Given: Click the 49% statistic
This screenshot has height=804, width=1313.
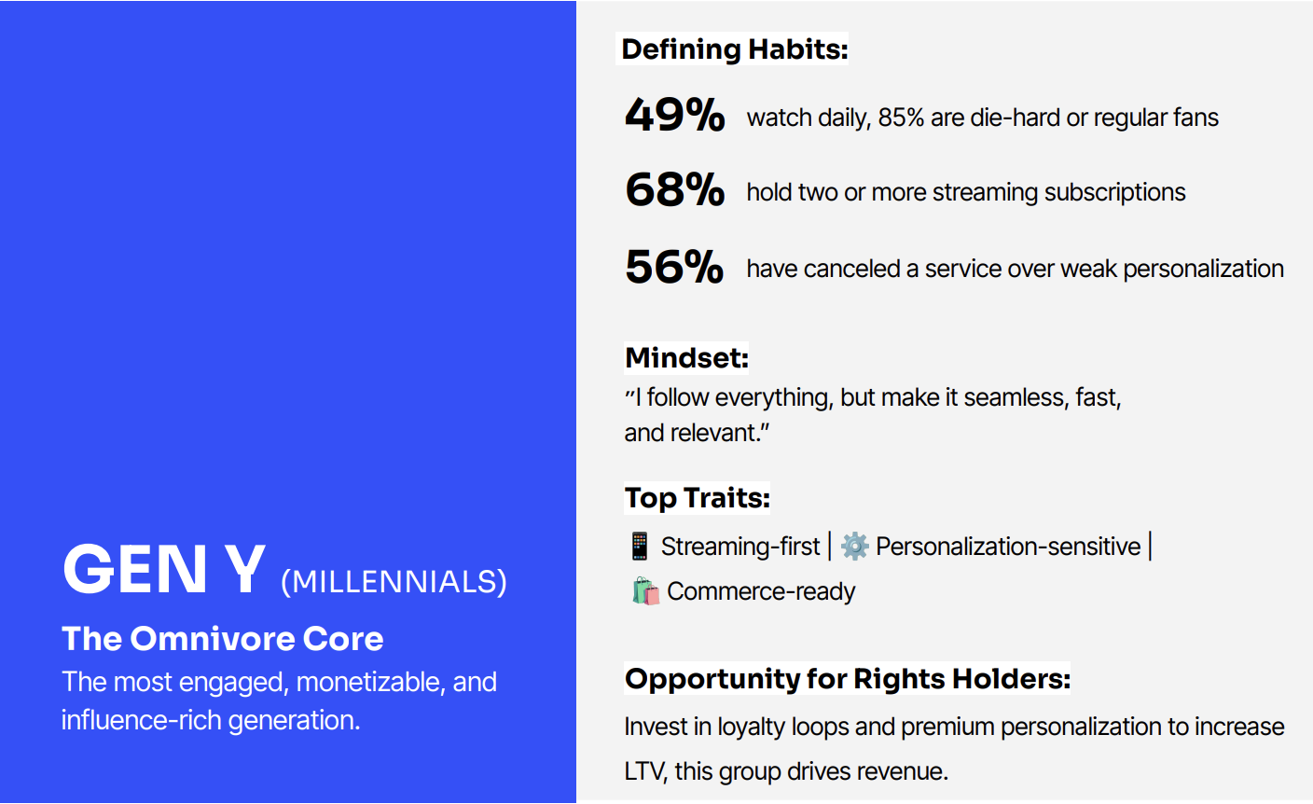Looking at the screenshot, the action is click(674, 115).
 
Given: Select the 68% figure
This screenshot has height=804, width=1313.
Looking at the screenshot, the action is click(674, 190).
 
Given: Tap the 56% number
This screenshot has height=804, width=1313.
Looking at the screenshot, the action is click(674, 267).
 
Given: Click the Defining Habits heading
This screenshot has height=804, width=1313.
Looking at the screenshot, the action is click(735, 49).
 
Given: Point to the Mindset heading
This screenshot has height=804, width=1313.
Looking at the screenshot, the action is click(686, 358).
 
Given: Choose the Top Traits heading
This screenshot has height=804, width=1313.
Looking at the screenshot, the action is click(697, 498).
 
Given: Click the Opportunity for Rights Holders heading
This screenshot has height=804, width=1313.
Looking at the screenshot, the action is click(848, 679).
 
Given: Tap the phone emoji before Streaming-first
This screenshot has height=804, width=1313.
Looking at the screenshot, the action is click(639, 546).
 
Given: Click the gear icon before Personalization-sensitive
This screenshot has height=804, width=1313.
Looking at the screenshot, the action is click(854, 546).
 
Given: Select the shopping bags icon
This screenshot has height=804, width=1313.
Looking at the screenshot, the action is click(645, 590).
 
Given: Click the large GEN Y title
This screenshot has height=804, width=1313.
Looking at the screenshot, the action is click(164, 570).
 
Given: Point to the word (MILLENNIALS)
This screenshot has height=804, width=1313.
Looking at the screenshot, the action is click(394, 582).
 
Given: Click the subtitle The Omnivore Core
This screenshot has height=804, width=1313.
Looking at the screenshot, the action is click(223, 639).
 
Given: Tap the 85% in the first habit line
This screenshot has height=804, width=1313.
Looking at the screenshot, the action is click(901, 118).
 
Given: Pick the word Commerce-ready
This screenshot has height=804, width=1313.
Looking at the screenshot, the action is click(761, 591).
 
